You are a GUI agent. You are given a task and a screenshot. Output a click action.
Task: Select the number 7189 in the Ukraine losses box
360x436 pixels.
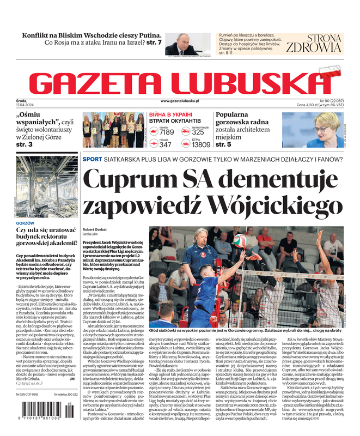(166, 132)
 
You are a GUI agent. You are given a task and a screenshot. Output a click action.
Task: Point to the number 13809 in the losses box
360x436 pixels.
(200, 145)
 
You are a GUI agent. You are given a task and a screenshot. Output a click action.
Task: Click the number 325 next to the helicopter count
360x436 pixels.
(198, 132)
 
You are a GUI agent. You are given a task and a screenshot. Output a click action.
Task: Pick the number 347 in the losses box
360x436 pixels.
(166, 145)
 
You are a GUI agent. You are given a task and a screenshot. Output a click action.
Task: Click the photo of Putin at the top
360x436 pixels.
(181, 45)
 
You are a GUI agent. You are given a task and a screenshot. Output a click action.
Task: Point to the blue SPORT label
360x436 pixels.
(92, 159)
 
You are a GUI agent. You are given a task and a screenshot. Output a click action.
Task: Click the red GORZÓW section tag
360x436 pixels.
(26, 223)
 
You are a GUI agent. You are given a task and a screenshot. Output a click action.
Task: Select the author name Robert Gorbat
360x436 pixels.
(95, 229)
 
